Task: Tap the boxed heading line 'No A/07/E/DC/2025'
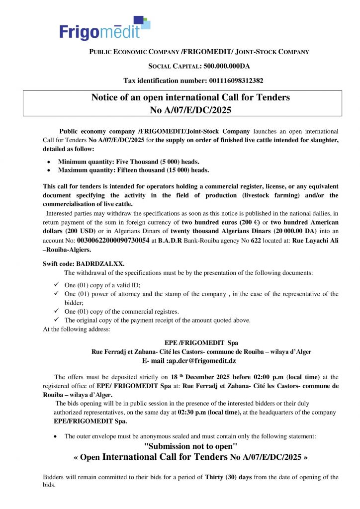(190, 109)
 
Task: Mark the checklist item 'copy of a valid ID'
(102, 285)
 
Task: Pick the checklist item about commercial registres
(122, 311)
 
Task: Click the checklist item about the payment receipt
(158, 320)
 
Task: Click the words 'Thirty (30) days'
(228, 477)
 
